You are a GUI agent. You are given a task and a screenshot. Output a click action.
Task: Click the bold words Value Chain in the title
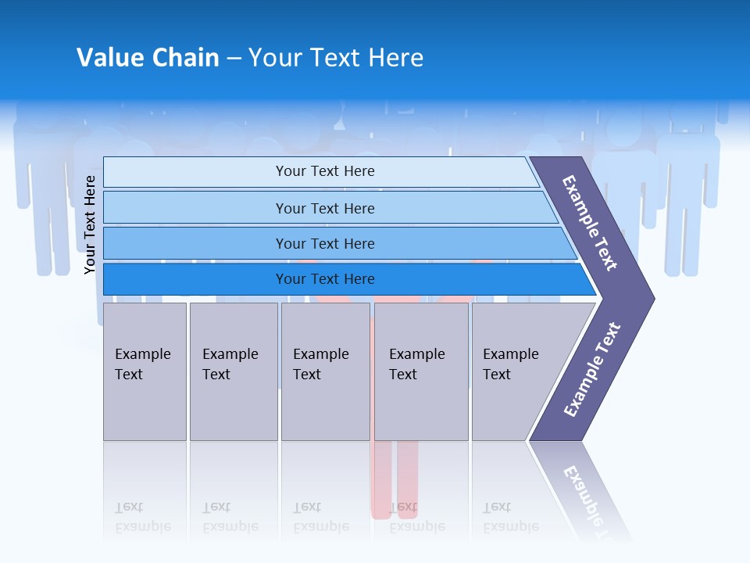click(148, 58)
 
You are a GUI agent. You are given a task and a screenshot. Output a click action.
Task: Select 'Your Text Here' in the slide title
click(336, 58)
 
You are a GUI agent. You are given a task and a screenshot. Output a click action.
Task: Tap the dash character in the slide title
click(234, 59)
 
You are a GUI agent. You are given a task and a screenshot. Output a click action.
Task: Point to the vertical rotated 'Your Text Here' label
click(91, 224)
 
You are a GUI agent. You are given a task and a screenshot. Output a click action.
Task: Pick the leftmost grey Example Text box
click(145, 371)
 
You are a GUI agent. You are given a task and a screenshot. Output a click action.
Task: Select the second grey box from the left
click(234, 371)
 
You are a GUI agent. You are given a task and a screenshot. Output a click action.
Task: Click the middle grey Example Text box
click(325, 371)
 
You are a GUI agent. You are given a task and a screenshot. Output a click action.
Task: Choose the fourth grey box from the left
click(421, 371)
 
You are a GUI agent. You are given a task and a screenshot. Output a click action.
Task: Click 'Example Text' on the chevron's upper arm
click(591, 223)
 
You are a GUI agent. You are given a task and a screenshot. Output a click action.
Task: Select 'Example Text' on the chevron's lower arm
click(592, 370)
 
